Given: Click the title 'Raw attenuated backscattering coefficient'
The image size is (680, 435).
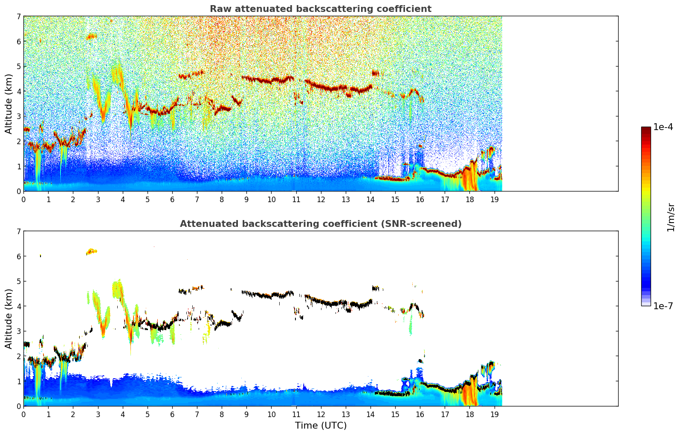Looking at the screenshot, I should click(320, 9).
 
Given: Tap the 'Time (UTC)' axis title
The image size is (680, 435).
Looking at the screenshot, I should click(321, 425).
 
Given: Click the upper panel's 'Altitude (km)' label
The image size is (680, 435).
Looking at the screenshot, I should click(9, 104).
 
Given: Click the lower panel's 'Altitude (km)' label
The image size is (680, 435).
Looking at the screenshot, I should click(9, 319).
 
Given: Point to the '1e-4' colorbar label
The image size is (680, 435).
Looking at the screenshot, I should click(663, 127).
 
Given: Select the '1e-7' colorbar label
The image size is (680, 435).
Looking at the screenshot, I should click(663, 306).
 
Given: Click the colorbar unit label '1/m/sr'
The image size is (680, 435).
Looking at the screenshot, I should click(671, 217).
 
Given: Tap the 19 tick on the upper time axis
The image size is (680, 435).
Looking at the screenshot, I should click(494, 199).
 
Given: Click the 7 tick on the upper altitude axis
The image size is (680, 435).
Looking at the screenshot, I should click(18, 16).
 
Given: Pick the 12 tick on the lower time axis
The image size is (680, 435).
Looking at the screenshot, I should click(321, 414).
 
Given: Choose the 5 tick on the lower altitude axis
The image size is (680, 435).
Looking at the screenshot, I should click(18, 281).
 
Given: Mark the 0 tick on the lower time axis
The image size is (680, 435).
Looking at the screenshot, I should click(23, 414).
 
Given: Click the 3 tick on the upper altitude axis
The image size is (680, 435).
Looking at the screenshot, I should click(18, 116).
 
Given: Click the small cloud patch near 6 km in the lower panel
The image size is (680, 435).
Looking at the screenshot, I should click(92, 252).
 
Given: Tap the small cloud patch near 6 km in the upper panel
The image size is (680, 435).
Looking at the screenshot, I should click(92, 37).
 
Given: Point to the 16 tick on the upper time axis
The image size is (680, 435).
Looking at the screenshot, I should click(420, 199).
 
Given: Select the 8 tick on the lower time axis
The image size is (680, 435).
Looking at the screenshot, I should click(222, 414).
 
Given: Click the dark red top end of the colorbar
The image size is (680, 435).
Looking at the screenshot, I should click(646, 129).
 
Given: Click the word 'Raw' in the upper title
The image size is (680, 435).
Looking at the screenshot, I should click(219, 9).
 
